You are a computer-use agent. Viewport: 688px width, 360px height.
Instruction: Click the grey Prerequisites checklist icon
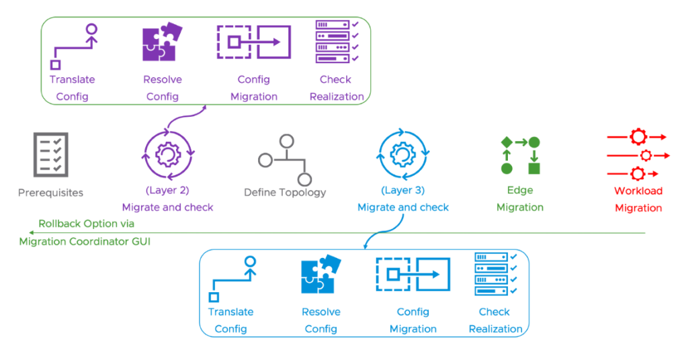[50, 155]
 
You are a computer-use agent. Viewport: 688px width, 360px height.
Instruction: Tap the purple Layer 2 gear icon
[168, 155]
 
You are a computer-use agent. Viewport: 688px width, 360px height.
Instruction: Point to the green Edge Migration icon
[520, 155]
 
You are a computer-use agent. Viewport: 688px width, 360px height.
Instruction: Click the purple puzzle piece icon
[162, 43]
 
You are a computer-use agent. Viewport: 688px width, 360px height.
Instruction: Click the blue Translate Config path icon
[232, 278]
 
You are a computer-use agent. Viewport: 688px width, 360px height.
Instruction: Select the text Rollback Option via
[86, 224]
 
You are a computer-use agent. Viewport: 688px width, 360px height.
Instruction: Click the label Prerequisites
[50, 193]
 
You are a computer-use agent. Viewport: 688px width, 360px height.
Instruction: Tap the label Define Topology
[285, 193]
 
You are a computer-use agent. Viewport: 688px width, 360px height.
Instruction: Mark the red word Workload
[638, 191]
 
